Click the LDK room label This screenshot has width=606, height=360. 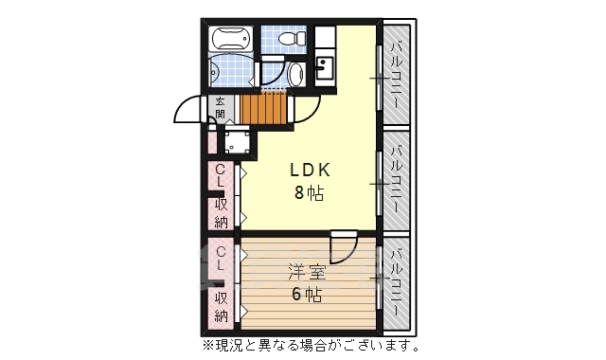coord(309,171)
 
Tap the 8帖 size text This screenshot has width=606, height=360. coord(309,194)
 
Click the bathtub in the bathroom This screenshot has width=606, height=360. coord(231,41)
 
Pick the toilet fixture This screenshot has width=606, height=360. coord(290,40)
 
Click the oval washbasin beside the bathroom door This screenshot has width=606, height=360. coord(294,75)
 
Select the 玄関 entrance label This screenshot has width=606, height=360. coord(220,108)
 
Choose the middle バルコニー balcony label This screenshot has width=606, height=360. coord(397,178)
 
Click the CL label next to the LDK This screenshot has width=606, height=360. coord(220,176)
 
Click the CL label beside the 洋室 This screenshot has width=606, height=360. coord(220,258)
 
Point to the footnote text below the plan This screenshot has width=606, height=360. coord(309,344)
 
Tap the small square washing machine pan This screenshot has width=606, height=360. coord(236,142)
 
